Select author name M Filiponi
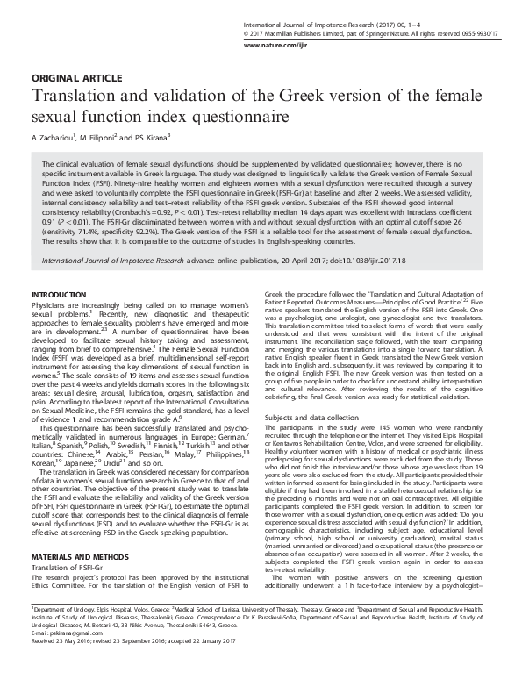tap(99, 137)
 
